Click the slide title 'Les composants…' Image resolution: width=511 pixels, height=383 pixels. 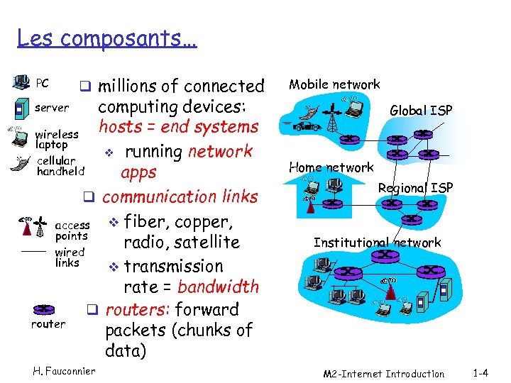point(106,37)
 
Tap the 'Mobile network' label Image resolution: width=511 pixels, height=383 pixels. point(334,84)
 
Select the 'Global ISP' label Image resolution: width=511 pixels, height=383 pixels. point(421,110)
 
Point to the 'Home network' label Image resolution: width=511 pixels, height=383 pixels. point(331,167)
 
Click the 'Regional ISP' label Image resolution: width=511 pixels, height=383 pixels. point(415,188)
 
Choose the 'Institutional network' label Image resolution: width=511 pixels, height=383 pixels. point(377,243)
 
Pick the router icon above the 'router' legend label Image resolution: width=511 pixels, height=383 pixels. point(45,309)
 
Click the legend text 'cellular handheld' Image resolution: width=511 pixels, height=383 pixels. point(60,166)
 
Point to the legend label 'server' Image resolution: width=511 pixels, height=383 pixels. point(52,108)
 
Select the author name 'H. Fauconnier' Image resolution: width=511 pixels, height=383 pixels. point(64,371)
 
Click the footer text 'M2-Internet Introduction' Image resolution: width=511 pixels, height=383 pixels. point(383,374)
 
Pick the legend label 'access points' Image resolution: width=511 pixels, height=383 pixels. point(72,231)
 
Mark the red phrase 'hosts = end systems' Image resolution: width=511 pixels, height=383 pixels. point(178,127)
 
